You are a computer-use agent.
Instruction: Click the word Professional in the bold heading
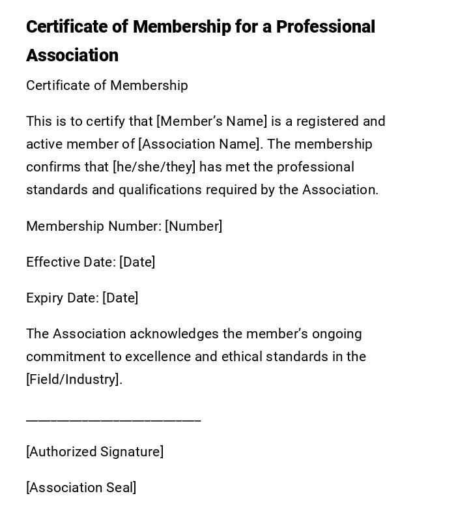pyautogui.click(x=325, y=27)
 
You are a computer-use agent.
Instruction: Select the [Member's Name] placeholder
pyautogui.click(x=212, y=121)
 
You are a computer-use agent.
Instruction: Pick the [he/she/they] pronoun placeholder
pyautogui.click(x=154, y=167)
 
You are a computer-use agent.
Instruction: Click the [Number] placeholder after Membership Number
pyautogui.click(x=193, y=226)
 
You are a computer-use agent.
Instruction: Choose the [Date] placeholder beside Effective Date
pyautogui.click(x=137, y=262)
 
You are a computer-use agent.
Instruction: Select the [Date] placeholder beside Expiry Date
pyautogui.click(x=120, y=298)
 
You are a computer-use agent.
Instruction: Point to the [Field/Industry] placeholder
pyautogui.click(x=74, y=379)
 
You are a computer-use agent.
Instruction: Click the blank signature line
pyautogui.click(x=113, y=419)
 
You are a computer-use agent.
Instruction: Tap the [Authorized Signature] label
pyautogui.click(x=94, y=452)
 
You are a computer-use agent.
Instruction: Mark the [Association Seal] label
pyautogui.click(x=81, y=488)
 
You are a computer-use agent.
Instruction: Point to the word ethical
pyautogui.click(x=242, y=357)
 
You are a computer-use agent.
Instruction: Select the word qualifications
pyautogui.click(x=160, y=190)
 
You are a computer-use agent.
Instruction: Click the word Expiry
pyautogui.click(x=45, y=298)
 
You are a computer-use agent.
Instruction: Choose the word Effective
pyautogui.click(x=53, y=262)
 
